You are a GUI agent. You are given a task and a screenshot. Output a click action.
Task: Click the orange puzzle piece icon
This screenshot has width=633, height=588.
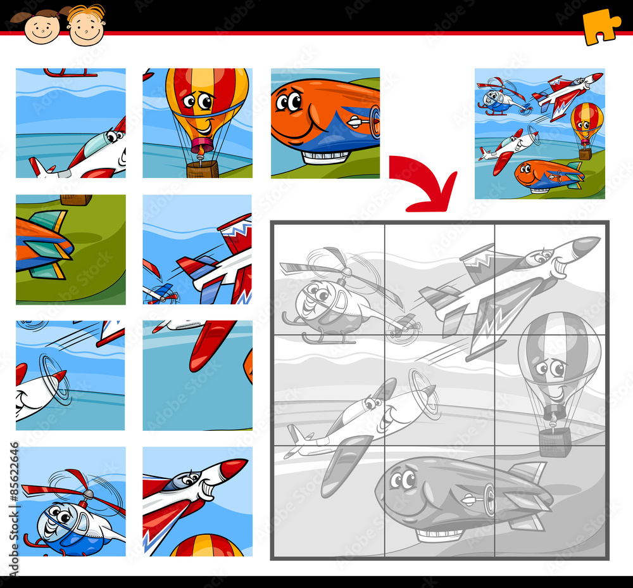(x=601, y=26)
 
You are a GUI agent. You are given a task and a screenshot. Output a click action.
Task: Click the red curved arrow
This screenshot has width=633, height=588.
(x=423, y=184)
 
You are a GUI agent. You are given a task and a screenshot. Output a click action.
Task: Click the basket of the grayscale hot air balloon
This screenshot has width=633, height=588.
(x=555, y=441)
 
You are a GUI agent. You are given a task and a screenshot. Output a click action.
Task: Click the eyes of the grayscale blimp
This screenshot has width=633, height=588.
(x=401, y=480)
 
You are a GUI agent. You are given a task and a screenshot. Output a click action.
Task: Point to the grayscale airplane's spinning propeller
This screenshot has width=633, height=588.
(x=424, y=393)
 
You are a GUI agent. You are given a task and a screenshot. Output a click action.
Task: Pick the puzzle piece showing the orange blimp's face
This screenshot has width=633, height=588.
(x=325, y=123)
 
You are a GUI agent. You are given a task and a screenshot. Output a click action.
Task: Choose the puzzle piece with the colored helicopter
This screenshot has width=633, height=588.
(x=70, y=501)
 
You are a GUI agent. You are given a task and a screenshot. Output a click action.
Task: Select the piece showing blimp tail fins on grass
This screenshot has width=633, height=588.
(x=70, y=249)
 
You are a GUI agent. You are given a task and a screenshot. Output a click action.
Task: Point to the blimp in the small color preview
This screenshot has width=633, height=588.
(x=547, y=175)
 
